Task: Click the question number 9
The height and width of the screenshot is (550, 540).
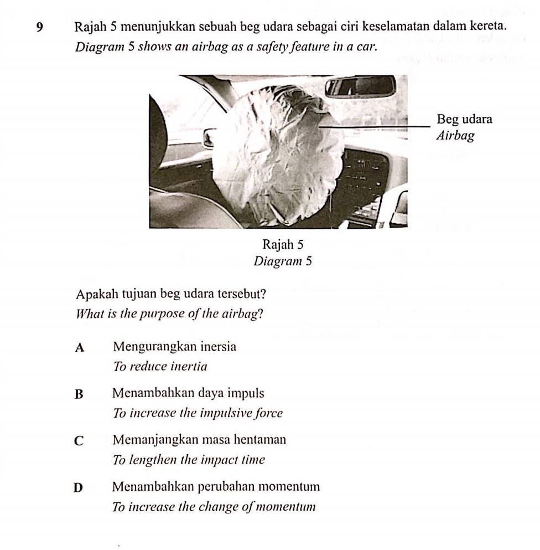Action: click(x=38, y=26)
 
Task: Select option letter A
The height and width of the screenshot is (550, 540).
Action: click(x=81, y=348)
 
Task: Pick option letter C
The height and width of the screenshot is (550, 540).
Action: click(x=81, y=441)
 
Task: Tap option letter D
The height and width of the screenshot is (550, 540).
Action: click(x=81, y=488)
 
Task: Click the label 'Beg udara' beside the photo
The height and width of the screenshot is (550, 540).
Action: click(x=464, y=119)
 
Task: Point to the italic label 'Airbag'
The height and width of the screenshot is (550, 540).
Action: click(x=455, y=136)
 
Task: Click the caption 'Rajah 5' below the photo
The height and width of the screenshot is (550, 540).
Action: click(x=283, y=244)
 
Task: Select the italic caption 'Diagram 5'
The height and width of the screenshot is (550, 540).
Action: click(x=283, y=261)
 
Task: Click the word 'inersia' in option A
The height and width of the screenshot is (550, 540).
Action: click(x=217, y=347)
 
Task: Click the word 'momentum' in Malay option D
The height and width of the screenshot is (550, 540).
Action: click(x=294, y=487)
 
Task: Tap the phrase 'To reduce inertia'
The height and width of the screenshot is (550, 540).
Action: click(x=160, y=366)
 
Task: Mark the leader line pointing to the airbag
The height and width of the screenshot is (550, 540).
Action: click(x=376, y=128)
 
